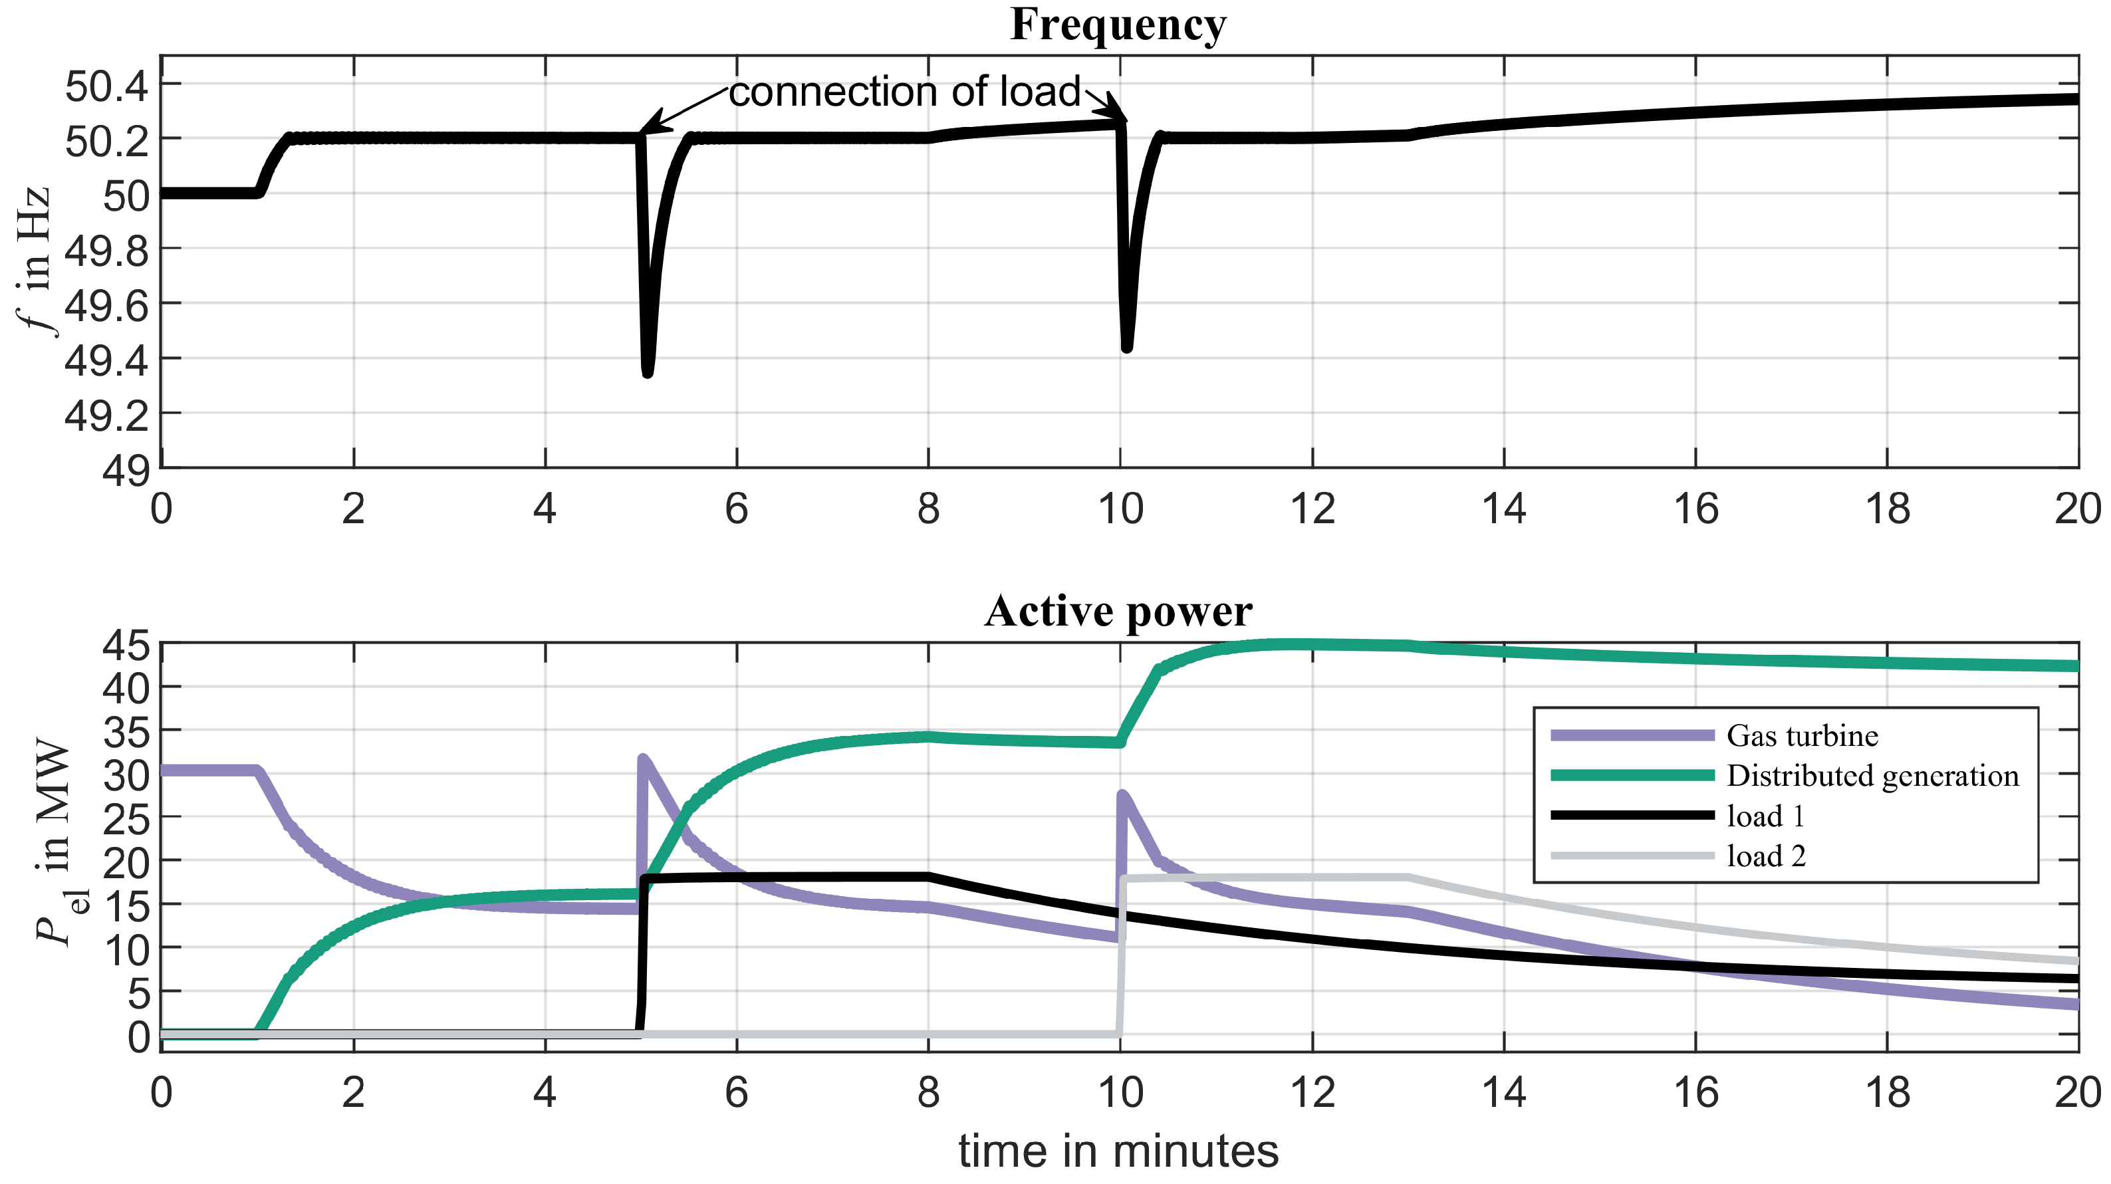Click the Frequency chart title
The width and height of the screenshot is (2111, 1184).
coord(1118,25)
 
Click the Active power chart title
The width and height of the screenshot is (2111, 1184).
coord(1118,611)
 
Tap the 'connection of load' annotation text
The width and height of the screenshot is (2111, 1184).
coord(905,92)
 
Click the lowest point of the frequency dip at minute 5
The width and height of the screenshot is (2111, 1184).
coord(648,373)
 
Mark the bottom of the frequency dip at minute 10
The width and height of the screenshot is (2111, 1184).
coord(1127,348)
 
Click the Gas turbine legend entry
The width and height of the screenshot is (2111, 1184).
coord(1801,736)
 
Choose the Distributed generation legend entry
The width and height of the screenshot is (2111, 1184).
coord(1872,776)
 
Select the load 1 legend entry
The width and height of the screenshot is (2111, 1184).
coord(1765,816)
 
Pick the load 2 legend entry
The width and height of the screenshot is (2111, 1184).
coord(1765,856)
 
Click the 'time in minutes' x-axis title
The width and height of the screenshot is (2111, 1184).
coord(1118,1151)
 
